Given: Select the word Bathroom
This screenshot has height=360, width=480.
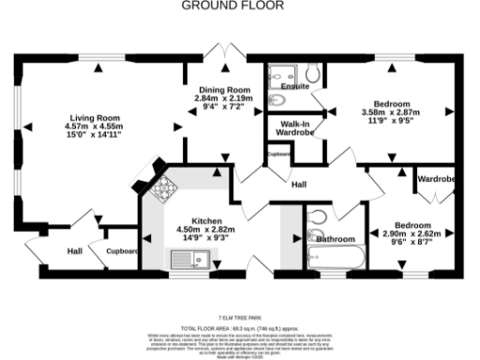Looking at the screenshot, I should pyautogui.click(x=335, y=240).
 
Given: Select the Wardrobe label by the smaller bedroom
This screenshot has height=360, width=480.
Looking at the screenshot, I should pyautogui.click(x=436, y=177).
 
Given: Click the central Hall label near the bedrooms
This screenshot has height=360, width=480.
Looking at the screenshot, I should pyautogui.click(x=299, y=185).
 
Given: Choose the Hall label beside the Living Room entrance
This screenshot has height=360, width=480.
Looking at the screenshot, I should pyautogui.click(x=74, y=251).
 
